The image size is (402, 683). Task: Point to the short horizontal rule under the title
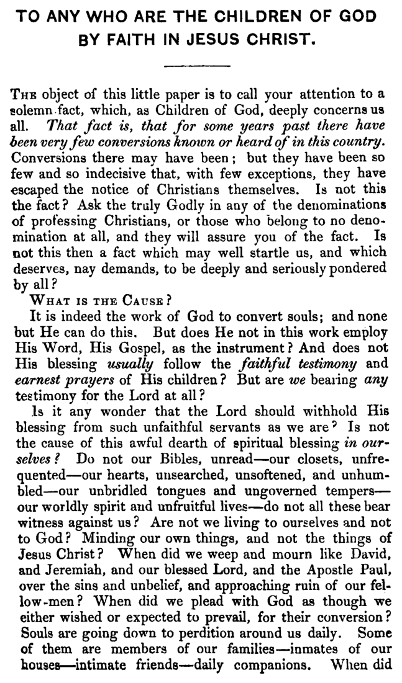coord(200,65)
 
